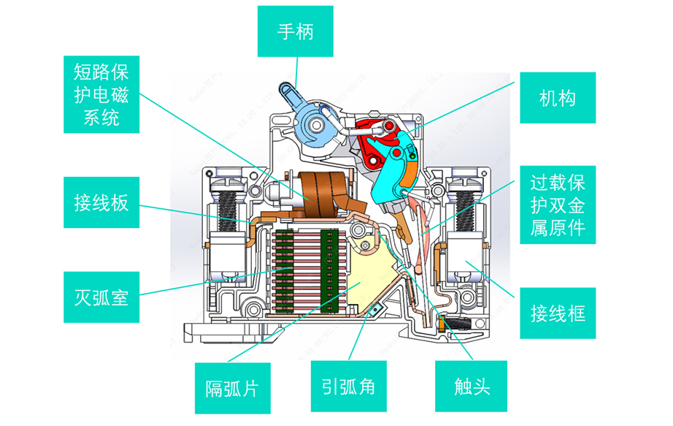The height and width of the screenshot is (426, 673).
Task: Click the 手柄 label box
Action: click(296, 31)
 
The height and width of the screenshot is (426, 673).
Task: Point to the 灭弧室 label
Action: click(101, 298)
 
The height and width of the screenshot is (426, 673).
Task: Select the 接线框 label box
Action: click(558, 314)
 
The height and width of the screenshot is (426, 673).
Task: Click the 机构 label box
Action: click(558, 98)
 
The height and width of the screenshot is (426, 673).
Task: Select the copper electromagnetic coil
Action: click(318, 192)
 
